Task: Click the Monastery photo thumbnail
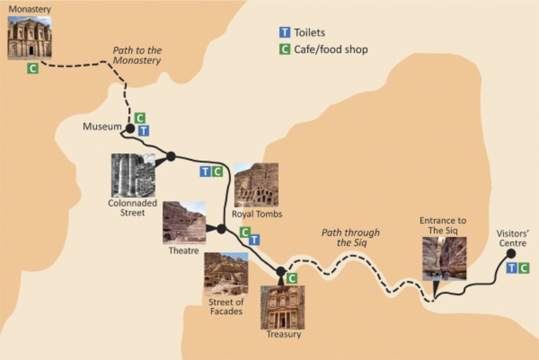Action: click(x=29, y=38)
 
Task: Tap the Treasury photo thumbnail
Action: click(x=282, y=307)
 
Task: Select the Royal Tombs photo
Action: click(x=256, y=185)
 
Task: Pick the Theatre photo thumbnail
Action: click(x=185, y=222)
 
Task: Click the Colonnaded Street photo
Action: click(x=133, y=175)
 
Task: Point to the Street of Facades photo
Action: click(x=226, y=274)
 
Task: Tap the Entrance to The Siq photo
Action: click(x=444, y=258)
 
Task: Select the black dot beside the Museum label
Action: click(x=130, y=128)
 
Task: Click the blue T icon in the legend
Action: click(x=284, y=33)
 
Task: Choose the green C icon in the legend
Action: click(x=284, y=49)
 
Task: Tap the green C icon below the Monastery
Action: click(x=32, y=68)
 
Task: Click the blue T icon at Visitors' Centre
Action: click(x=512, y=268)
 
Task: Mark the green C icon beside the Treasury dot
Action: click(x=292, y=278)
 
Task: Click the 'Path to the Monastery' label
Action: click(x=137, y=56)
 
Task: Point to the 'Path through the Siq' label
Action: click(x=350, y=237)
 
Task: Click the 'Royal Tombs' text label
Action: click(x=258, y=214)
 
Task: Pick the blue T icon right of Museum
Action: click(x=143, y=131)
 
